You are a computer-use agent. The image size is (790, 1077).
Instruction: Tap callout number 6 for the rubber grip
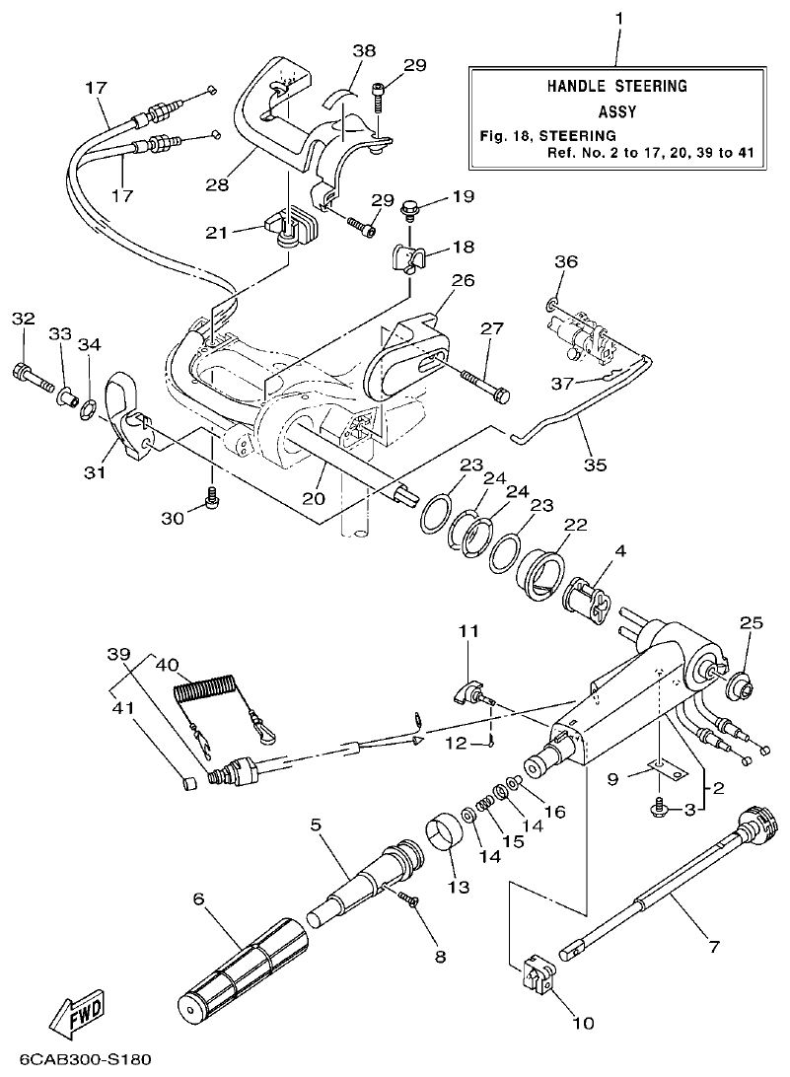coord(197,899)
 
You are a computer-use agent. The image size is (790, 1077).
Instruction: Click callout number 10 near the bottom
coord(583,1023)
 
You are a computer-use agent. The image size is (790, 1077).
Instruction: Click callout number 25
coord(752,624)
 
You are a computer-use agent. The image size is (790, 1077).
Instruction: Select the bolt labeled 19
coord(409,208)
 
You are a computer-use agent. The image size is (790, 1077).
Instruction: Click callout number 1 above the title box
coord(618,19)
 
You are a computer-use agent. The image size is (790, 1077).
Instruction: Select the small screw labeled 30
coord(209,502)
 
